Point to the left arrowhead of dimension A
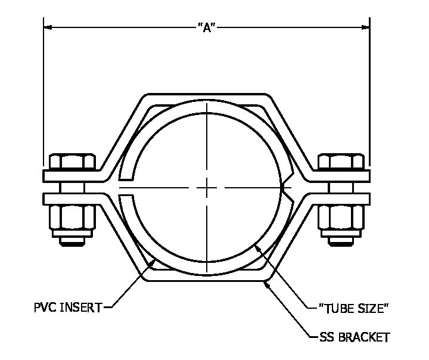48,27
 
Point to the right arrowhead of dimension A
365,27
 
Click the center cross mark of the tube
206,188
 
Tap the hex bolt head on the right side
342,162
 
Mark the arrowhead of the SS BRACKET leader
266,284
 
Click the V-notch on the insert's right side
285,188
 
